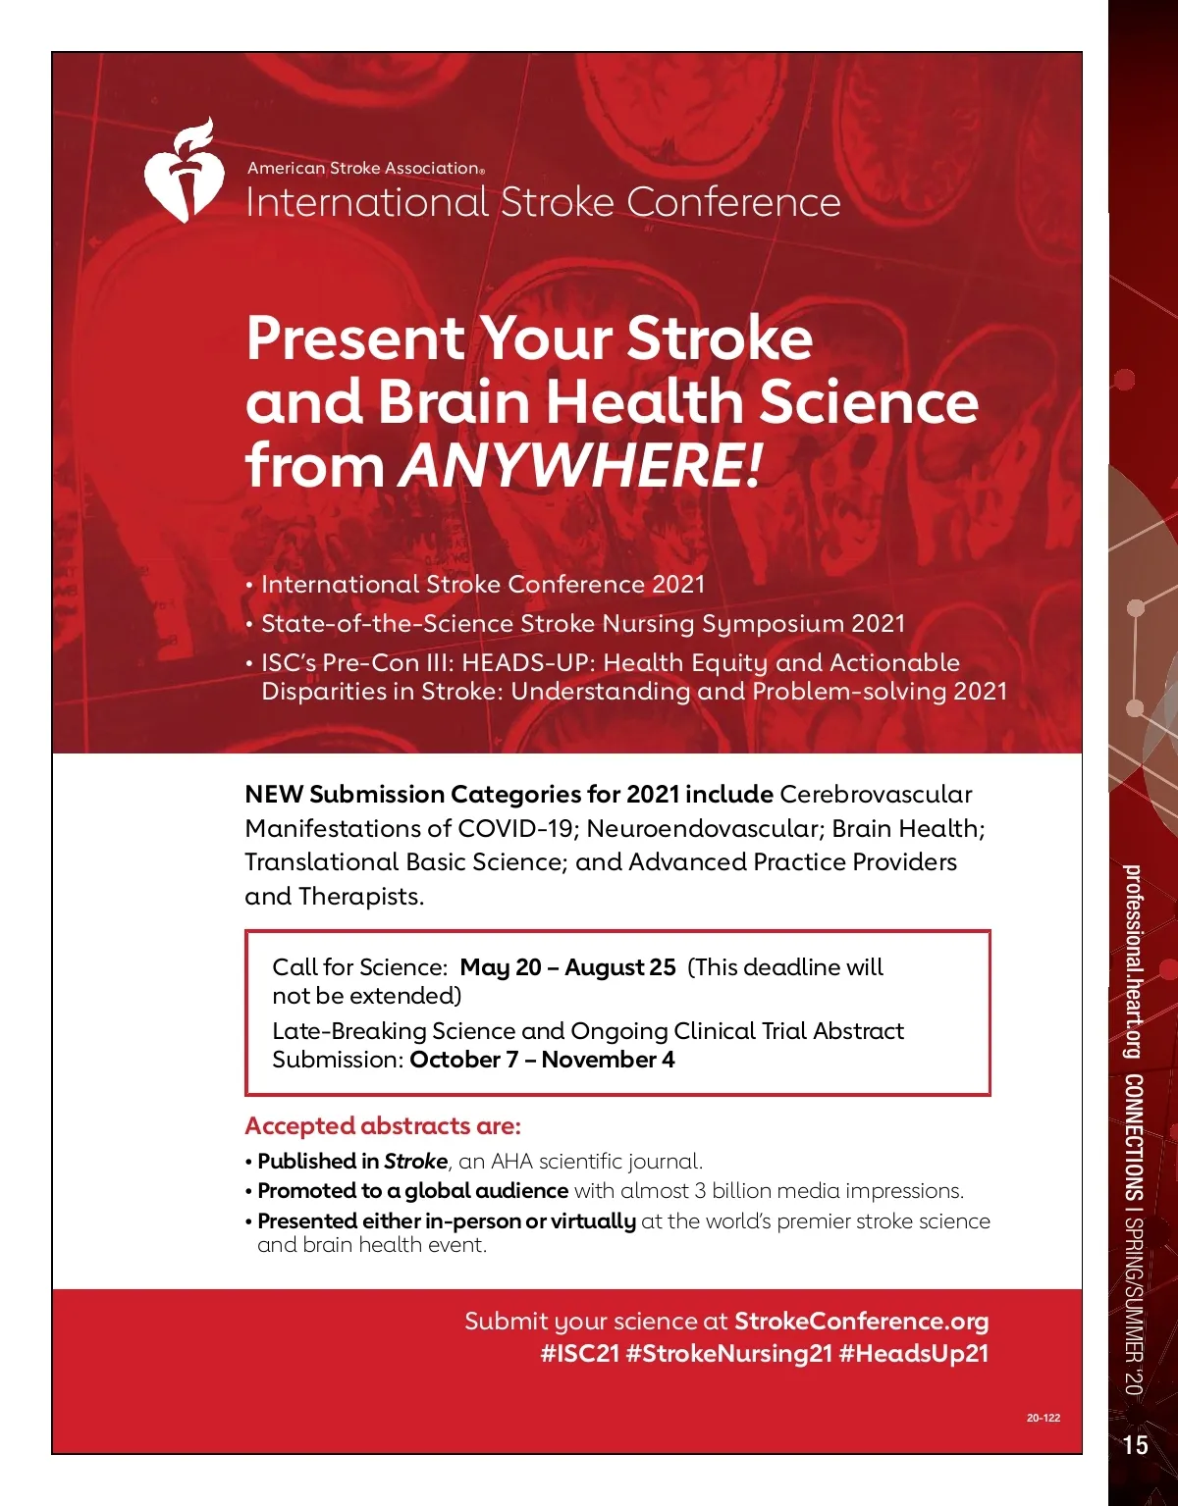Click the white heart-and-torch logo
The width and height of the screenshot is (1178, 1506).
click(183, 173)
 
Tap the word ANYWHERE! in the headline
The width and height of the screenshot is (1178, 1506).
click(579, 465)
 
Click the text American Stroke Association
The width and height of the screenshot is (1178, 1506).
click(364, 168)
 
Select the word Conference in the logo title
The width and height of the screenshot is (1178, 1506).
click(733, 202)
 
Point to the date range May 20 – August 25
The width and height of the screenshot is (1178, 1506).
click(567, 967)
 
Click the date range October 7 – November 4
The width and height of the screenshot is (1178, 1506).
click(542, 1060)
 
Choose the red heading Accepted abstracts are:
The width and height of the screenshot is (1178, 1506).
click(383, 1125)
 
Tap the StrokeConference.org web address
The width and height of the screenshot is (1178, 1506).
click(861, 1321)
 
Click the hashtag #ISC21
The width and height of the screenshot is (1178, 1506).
click(580, 1353)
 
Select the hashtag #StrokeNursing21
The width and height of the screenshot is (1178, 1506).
click(728, 1353)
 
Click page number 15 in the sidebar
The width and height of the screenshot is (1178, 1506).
click(1135, 1444)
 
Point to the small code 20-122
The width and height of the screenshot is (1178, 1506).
click(1044, 1418)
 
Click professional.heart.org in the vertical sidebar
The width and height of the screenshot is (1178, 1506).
click(1133, 961)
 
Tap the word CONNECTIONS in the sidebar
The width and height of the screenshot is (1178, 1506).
click(1133, 1138)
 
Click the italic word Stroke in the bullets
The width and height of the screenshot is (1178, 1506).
click(415, 1162)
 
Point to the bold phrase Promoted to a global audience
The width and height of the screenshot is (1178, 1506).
click(412, 1191)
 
